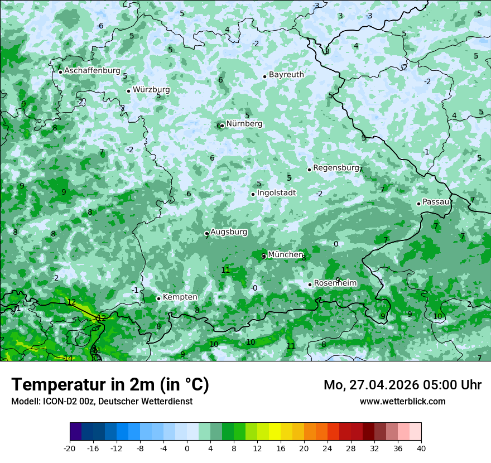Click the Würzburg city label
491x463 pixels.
pyautogui.click(x=151, y=89)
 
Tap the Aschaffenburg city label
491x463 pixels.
pyautogui.click(x=92, y=71)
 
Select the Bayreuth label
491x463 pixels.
pyautogui.click(x=286, y=74)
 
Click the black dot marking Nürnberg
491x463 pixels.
pyautogui.click(x=222, y=126)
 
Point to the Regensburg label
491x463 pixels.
pyautogui.click(x=335, y=167)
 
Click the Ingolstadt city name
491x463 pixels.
pyautogui.click(x=276, y=192)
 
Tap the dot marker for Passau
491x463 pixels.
pyautogui.click(x=418, y=204)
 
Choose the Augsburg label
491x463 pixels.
pyautogui.click(x=229, y=231)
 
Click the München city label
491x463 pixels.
pyautogui.click(x=285, y=254)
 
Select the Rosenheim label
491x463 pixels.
pyautogui.click(x=335, y=283)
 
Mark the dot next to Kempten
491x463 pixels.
pyautogui.click(x=158, y=298)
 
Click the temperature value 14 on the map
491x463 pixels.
pyautogui.click(x=68, y=358)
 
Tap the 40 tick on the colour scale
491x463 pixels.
pyautogui.click(x=421, y=448)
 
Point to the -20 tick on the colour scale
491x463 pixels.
pyautogui.click(x=70, y=448)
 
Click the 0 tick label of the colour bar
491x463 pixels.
pyautogui.click(x=187, y=448)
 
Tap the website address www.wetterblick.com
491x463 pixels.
pyautogui.click(x=402, y=401)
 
